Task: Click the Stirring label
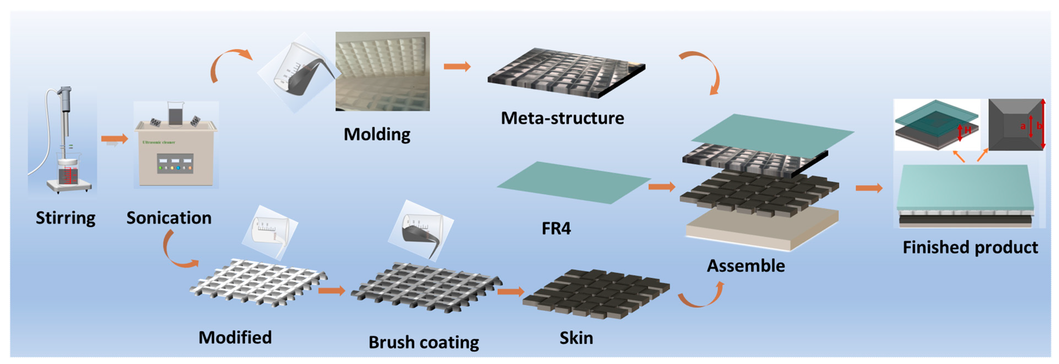pos(65,218)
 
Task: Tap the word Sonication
pos(169,218)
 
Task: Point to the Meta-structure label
pos(562,118)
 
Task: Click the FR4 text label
pos(556,228)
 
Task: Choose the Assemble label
pos(746,266)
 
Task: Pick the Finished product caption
pos(970,247)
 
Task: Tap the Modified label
pos(235,337)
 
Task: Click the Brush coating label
pos(424,342)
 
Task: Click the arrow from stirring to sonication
pos(114,139)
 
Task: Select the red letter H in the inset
pos(968,131)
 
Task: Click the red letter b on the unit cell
pos(1039,126)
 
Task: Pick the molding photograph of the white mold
pos(382,71)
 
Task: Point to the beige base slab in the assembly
pos(761,230)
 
